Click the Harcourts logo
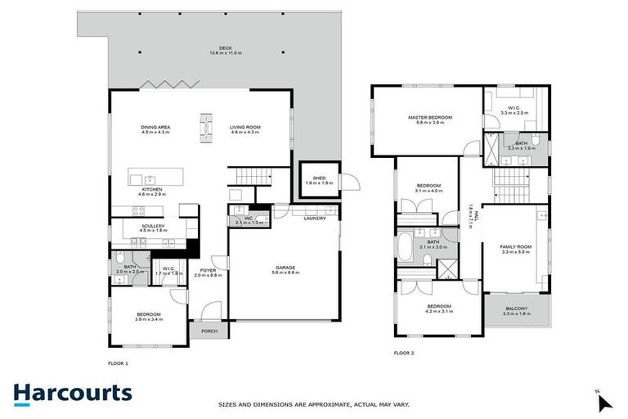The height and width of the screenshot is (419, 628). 72,393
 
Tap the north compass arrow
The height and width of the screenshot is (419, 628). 603,401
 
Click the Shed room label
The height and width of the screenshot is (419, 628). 315,179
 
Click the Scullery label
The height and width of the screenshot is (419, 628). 153,228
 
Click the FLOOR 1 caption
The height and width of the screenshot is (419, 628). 119,363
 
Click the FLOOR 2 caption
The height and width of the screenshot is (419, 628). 404,353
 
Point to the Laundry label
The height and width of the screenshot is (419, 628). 314,219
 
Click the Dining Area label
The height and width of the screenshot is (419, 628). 155,128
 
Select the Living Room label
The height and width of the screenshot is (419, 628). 244,128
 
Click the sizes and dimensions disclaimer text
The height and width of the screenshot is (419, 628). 314,404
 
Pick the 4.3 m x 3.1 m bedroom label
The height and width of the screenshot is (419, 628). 438,309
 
